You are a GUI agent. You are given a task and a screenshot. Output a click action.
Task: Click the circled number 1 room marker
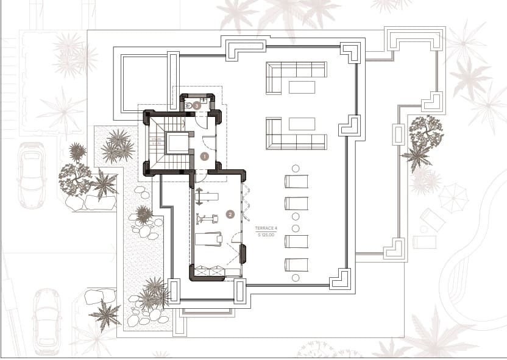coord(205,156)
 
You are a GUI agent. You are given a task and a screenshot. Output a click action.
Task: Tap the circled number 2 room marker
coord(230,214)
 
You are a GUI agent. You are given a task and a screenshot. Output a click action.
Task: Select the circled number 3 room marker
coord(197,105)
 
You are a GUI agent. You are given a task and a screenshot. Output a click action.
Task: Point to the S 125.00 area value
coord(266,234)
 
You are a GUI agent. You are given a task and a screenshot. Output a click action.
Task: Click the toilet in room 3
coord(188,105)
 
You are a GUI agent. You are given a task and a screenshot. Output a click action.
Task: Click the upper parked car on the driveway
coord(31,175)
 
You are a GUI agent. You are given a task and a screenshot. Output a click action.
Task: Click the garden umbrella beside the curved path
coord(453,197)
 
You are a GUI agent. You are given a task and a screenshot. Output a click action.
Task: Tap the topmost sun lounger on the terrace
coord(297,182)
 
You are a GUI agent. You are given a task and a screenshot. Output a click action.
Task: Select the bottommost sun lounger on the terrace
coord(297,264)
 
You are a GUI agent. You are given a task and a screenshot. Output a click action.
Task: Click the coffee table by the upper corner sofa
coord(302,87)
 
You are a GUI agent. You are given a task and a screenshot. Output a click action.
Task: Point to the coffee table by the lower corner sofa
coord(302,124)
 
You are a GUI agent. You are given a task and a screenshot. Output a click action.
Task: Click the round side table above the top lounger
coord(296,168)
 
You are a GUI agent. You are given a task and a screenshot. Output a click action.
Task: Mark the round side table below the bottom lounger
coord(296,278)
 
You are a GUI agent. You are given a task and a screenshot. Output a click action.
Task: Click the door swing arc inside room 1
coord(208,144)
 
